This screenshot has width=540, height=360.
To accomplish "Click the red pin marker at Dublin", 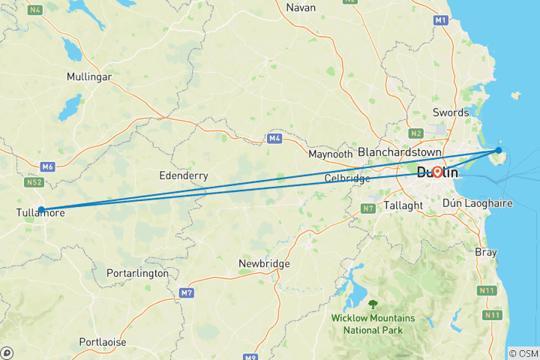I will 436,171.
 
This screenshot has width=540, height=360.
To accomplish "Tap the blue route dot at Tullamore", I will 42,209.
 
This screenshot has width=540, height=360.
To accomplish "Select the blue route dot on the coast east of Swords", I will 499,150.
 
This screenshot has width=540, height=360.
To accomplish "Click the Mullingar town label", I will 89,76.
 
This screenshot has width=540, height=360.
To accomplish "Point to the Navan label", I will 301,7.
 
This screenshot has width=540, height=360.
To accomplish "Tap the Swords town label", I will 451,112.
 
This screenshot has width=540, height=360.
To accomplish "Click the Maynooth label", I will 330,154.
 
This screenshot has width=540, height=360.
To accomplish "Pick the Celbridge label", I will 347,178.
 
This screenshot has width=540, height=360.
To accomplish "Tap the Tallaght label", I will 404,205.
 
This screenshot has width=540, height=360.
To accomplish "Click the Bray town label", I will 485,252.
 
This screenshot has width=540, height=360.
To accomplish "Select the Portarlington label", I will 137,273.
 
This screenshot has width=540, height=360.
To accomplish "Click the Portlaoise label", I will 100,342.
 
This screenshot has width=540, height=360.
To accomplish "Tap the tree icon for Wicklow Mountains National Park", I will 373,304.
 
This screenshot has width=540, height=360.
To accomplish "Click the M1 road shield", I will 440,21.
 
